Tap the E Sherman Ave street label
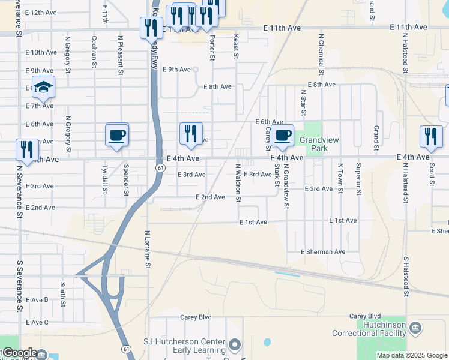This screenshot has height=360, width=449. [324, 252]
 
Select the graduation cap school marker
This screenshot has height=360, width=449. [44, 88]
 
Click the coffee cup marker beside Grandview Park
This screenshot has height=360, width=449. [282, 136]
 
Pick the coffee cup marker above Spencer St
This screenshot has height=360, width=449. [117, 134]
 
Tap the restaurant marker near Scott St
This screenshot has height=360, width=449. [431, 137]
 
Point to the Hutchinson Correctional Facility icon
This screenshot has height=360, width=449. [416, 328]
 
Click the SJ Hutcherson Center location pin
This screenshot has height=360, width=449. [235, 346]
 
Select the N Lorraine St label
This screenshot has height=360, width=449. [148, 248]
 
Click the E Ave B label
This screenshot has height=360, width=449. [37, 299]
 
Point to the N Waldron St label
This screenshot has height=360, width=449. [238, 183]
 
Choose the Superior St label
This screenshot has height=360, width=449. [358, 179]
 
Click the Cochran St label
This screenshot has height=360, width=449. [94, 47]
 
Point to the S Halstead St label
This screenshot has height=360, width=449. [406, 277]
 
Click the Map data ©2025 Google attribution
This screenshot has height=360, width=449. [412, 355]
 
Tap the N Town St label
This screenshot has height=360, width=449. [340, 178]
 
